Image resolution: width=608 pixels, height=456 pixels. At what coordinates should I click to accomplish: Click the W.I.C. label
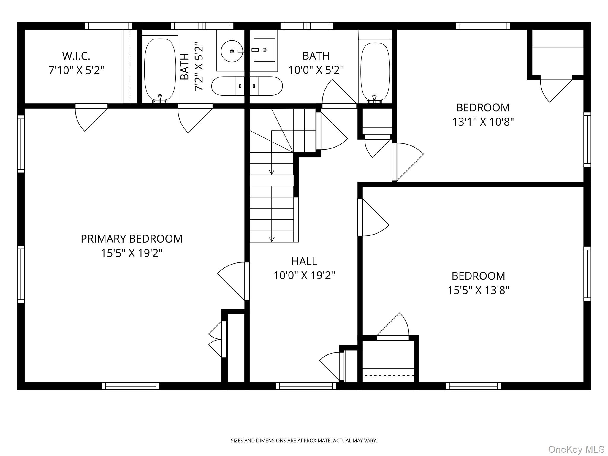[x=76, y=56]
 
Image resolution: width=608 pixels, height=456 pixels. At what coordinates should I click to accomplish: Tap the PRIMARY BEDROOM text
[x=132, y=239]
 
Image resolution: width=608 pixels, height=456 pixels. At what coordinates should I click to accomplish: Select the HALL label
[x=304, y=261]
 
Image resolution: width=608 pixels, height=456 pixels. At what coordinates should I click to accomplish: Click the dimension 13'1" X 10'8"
[x=483, y=122]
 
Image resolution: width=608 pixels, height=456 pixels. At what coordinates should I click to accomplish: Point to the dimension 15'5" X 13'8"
[x=479, y=290]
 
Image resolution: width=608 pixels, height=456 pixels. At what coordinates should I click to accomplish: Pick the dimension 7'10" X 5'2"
[x=76, y=70]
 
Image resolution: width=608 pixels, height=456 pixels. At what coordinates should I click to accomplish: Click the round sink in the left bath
[x=232, y=51]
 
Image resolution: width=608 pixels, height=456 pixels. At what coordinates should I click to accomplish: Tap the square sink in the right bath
[x=264, y=50]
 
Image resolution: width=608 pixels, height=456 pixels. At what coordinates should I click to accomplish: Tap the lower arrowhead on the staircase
[x=271, y=239]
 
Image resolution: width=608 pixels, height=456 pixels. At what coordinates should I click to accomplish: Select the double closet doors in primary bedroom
[x=217, y=339]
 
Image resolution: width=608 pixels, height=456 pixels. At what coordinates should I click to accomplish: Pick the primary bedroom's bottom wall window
[x=131, y=386]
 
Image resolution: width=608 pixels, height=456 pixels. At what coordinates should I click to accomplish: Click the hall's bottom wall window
[x=306, y=386]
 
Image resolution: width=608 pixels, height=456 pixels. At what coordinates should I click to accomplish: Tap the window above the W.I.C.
[x=109, y=26]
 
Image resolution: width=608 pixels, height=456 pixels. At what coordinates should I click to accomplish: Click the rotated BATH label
[x=185, y=66]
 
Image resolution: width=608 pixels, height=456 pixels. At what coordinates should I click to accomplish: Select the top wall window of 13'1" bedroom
[x=483, y=26]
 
